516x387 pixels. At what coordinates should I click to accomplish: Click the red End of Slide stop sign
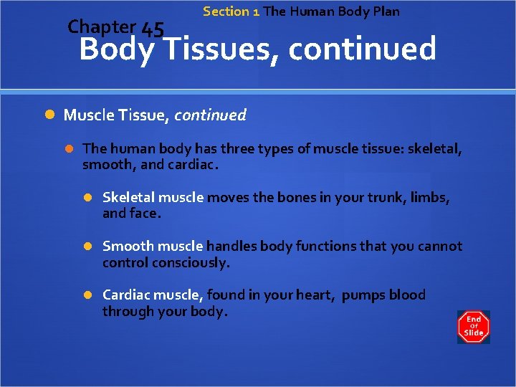[x=474, y=327]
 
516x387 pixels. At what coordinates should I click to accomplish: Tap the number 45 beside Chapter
[x=153, y=29]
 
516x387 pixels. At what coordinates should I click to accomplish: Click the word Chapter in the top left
[x=101, y=27]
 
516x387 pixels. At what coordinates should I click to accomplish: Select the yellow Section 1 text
[x=231, y=11]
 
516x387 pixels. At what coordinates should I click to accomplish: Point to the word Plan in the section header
[x=385, y=11]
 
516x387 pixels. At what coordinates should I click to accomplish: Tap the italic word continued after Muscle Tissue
[x=210, y=115]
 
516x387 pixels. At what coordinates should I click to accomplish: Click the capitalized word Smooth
[x=128, y=246]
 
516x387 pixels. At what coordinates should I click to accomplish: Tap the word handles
[x=232, y=246]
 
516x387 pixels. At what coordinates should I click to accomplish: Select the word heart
[x=316, y=295]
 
